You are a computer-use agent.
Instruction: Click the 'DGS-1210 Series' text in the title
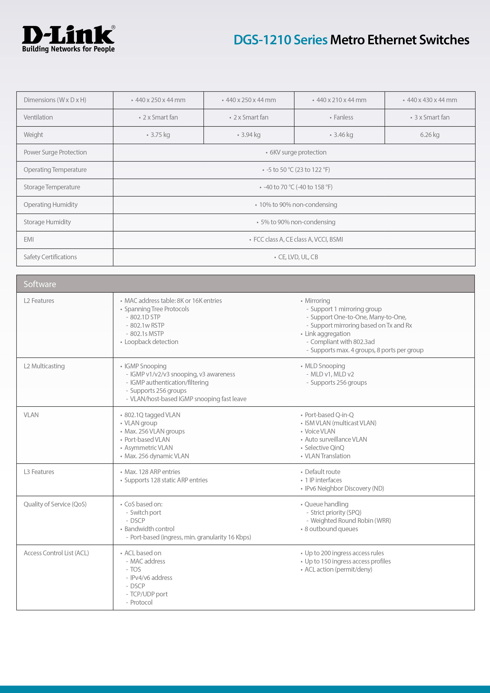click(x=280, y=40)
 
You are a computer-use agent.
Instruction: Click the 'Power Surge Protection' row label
click(x=55, y=152)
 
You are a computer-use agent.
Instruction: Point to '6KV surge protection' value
click(x=298, y=152)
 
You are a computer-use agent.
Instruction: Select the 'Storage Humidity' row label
click(x=47, y=222)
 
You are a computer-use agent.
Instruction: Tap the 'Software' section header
click(x=40, y=284)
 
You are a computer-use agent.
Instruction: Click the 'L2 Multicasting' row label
click(x=44, y=366)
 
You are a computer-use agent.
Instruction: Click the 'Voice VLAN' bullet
click(x=320, y=431)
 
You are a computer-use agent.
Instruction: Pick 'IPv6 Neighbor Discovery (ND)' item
click(x=344, y=488)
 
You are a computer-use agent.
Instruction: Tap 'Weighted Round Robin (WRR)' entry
click(x=351, y=521)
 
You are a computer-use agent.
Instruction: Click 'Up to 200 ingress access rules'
click(x=344, y=553)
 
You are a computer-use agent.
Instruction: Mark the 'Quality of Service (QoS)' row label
click(x=55, y=504)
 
